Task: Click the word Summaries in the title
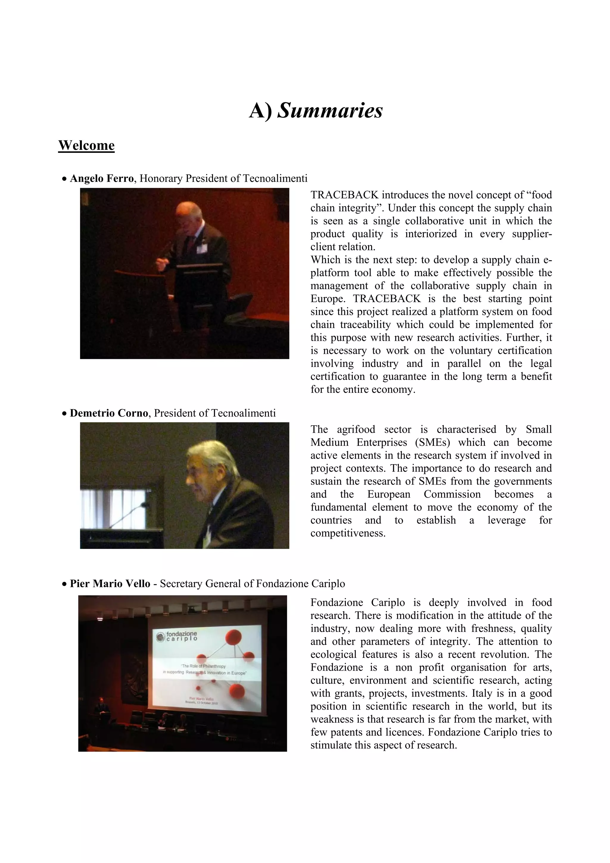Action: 330,111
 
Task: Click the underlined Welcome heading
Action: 86,145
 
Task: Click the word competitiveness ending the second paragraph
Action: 348,533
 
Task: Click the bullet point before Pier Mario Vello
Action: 64,584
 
